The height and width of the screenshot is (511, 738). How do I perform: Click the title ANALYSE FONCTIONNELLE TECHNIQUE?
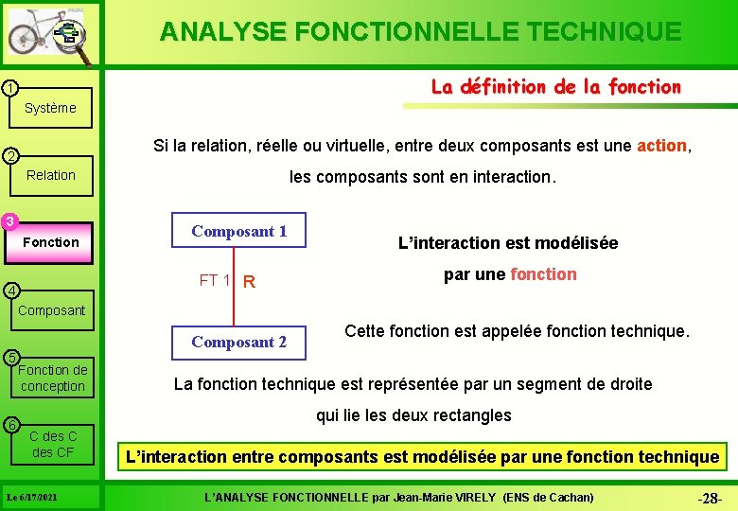420,31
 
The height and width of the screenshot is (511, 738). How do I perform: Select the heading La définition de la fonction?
555,87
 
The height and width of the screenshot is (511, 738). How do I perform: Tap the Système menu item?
50,108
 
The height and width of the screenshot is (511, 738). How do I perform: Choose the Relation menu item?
51,175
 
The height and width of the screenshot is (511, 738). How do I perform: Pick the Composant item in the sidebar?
51,310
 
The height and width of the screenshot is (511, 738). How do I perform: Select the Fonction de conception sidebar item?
52,378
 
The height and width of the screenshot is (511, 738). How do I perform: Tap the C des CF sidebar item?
53,444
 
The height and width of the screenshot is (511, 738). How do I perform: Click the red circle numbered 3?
9,222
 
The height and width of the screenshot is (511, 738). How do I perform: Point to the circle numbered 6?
9,424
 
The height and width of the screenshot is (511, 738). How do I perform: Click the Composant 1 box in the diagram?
238,231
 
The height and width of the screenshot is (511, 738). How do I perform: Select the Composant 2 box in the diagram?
238,343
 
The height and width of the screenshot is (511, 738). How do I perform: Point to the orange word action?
662,146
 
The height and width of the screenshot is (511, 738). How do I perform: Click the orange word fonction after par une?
543,274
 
